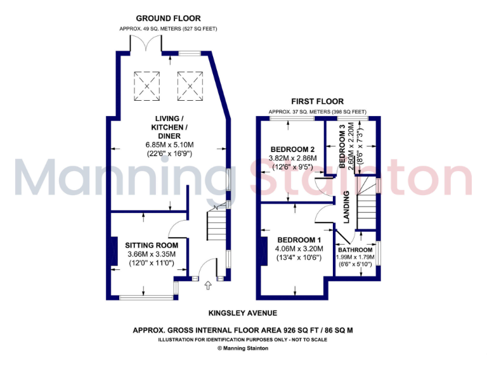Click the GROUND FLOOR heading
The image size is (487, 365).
pyautogui.click(x=168, y=19)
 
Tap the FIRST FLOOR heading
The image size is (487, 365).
pyautogui.click(x=317, y=101)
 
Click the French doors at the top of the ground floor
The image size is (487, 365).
pyautogui.click(x=145, y=46)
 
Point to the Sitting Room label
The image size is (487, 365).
pyautogui.click(x=152, y=245)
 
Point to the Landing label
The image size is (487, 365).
pyautogui.click(x=347, y=207)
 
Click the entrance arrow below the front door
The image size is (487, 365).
pyautogui.click(x=207, y=286)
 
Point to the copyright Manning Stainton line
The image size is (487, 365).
pyautogui.click(x=243, y=348)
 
